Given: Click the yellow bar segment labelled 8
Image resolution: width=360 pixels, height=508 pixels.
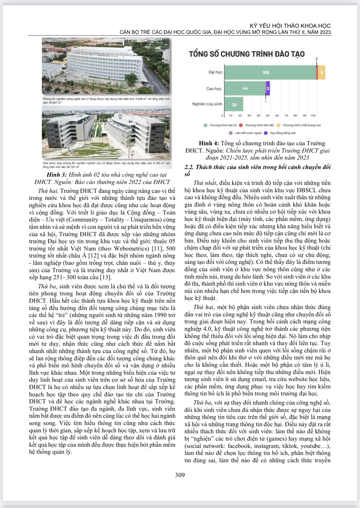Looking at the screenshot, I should (322, 73).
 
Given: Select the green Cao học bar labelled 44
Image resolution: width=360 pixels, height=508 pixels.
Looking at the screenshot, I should (245, 88).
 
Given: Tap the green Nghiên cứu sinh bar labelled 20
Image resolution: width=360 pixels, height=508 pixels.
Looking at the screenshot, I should (234, 104).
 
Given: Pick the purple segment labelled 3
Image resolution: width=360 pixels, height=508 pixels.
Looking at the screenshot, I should (268, 88).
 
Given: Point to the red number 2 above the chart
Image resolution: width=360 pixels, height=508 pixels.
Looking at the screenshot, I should (317, 59).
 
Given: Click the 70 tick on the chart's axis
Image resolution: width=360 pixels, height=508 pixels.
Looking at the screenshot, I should (286, 116).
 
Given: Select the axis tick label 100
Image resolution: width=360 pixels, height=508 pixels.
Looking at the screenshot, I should (313, 116).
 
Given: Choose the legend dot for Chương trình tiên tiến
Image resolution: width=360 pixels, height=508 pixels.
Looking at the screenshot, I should (241, 125).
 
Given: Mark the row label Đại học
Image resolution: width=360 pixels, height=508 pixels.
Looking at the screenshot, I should (216, 72).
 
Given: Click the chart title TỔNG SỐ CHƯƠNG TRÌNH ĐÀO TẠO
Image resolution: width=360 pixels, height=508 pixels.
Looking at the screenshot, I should (247, 54).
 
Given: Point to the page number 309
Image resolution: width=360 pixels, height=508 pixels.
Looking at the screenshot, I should (180, 475).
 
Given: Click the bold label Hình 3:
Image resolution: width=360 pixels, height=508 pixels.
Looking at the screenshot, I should (56, 175).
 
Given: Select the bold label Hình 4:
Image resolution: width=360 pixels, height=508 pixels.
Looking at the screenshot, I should (209, 143).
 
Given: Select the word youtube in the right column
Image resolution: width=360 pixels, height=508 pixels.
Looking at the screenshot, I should (311, 446).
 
